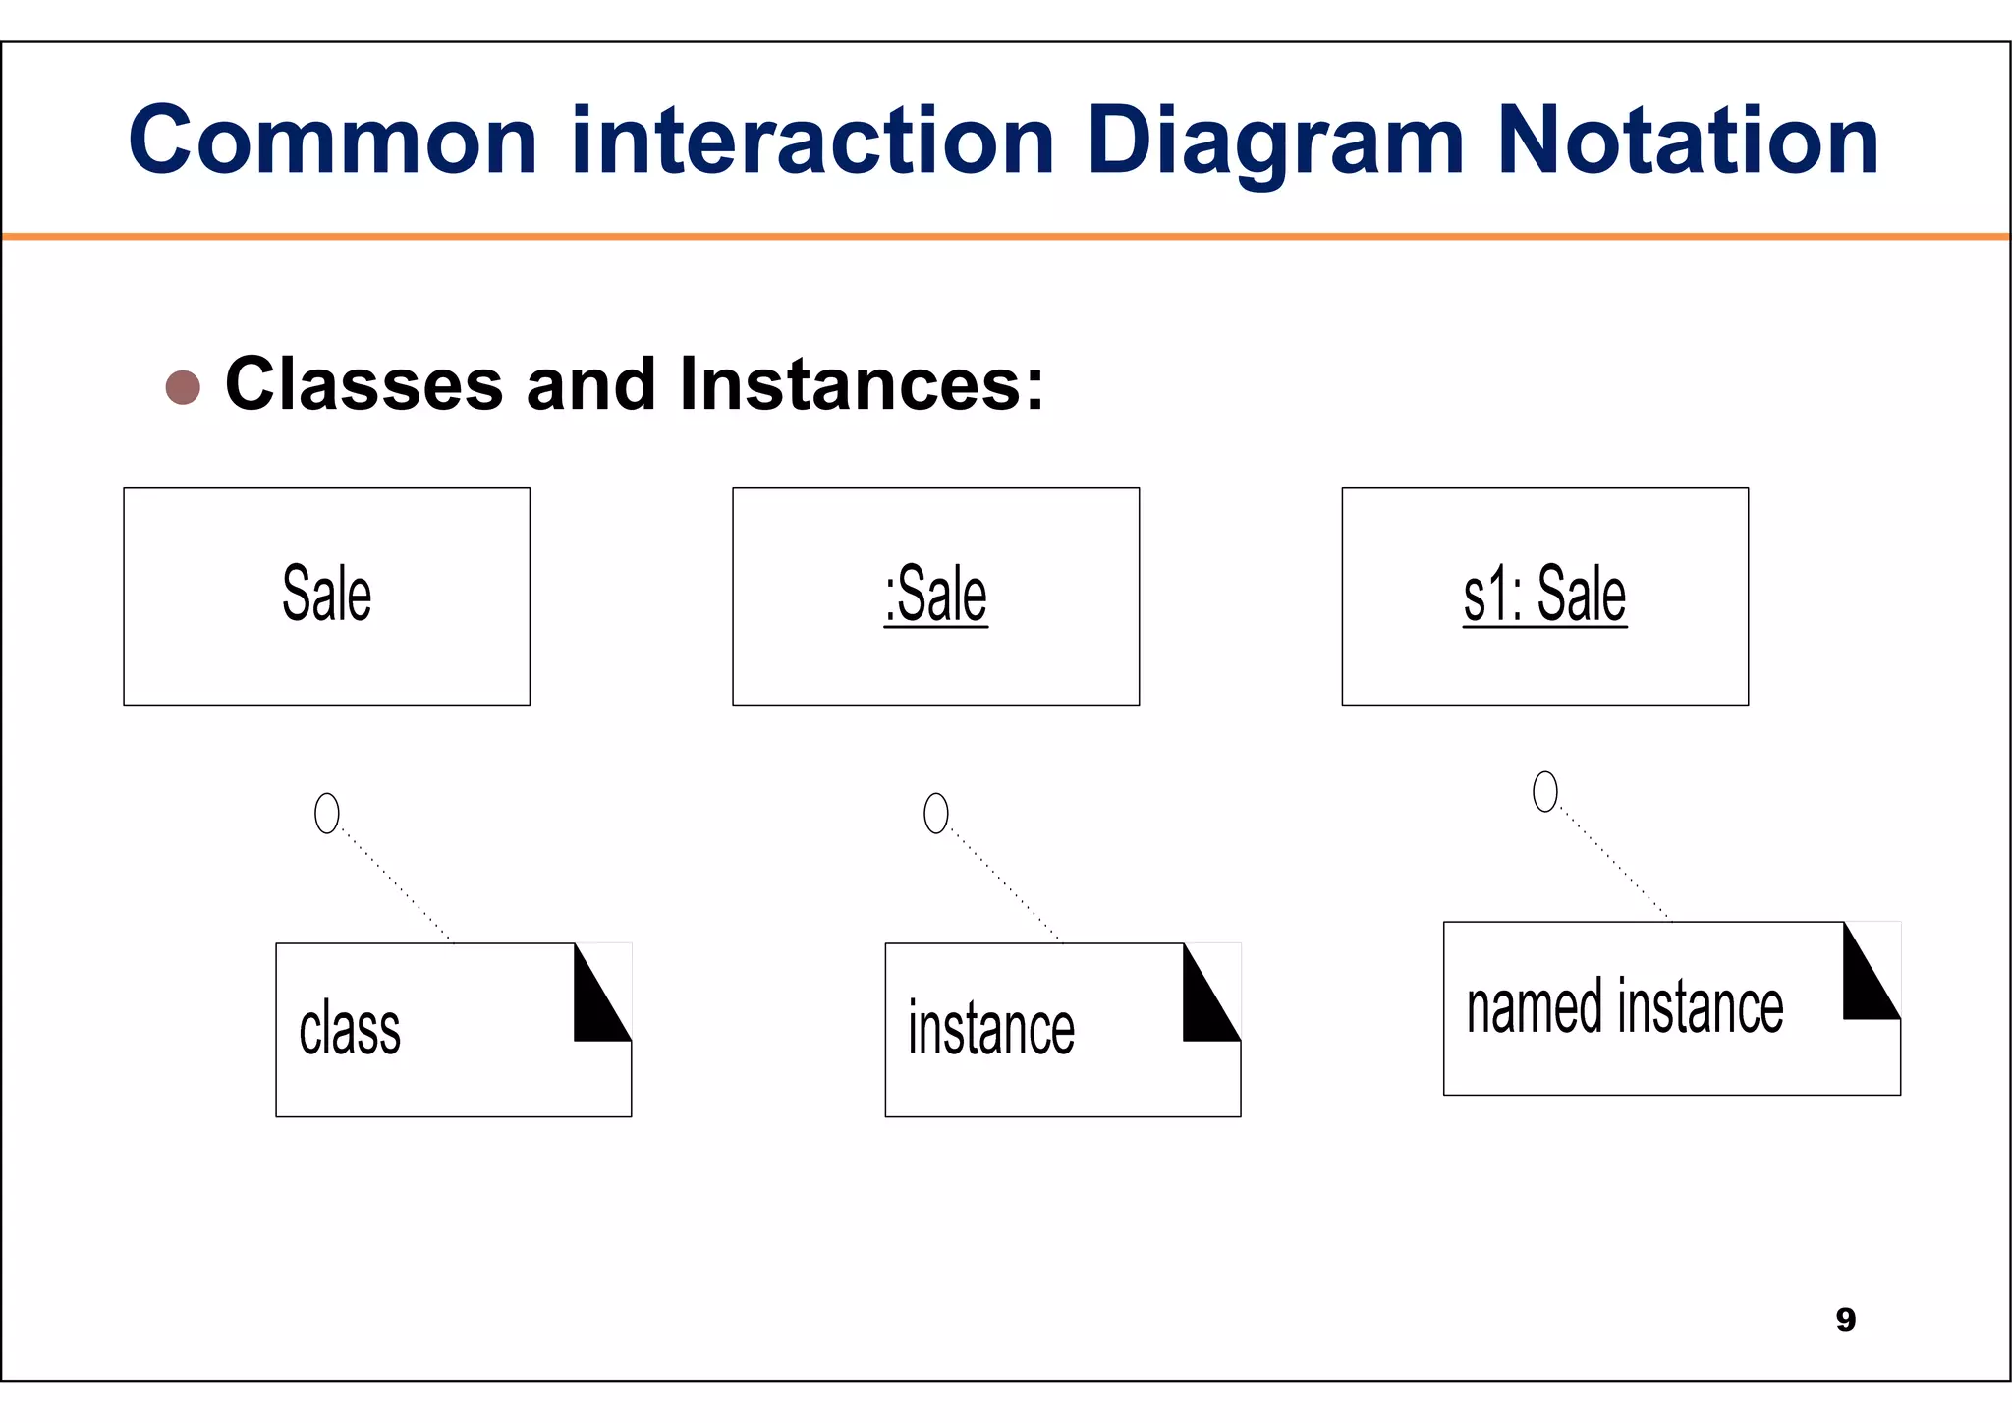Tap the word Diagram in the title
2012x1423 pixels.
(1275, 143)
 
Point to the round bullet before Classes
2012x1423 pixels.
(183, 387)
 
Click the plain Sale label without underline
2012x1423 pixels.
(326, 594)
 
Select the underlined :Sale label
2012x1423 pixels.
(935, 596)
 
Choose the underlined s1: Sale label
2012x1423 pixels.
(1544, 596)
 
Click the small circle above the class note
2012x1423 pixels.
(326, 814)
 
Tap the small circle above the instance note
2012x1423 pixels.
(936, 814)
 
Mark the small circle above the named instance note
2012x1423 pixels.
(1545, 792)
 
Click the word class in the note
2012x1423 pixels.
(350, 1030)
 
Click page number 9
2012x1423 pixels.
(1845, 1319)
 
